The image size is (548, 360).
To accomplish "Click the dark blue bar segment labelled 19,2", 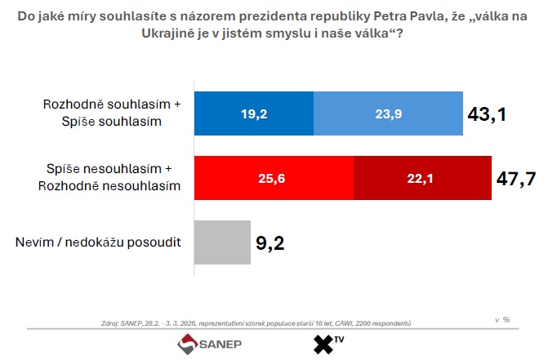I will [x=253, y=114].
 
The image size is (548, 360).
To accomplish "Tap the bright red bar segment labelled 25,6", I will [x=274, y=177].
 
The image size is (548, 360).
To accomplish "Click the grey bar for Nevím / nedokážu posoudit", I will [x=222, y=242].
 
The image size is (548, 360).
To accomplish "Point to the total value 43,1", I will [x=488, y=114].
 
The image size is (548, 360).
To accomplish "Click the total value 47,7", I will [x=516, y=179].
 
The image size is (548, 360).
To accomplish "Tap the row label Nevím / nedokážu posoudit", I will [x=97, y=242].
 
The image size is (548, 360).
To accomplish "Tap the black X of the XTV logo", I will [x=326, y=344].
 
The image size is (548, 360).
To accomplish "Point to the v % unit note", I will [x=502, y=319].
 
